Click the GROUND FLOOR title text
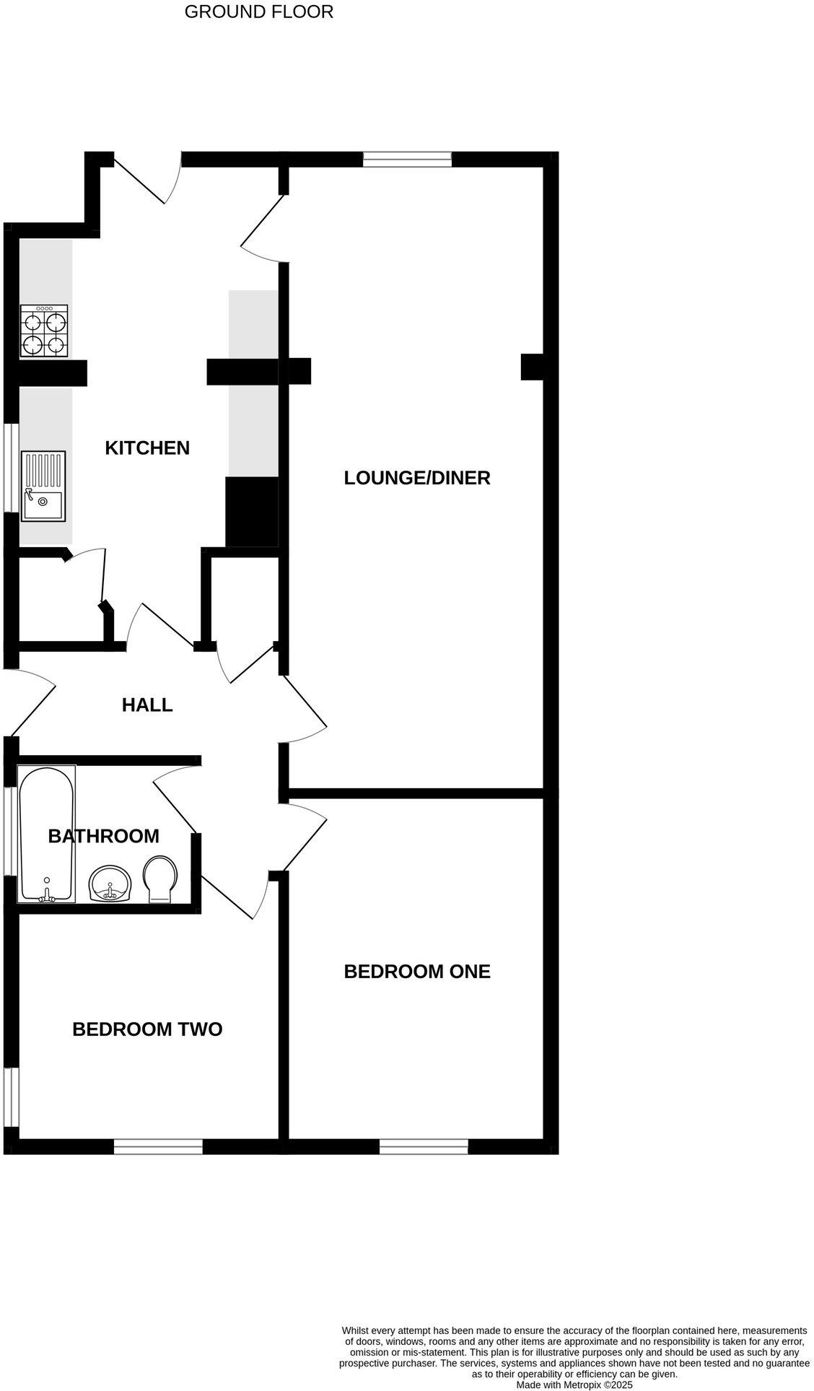coord(259,12)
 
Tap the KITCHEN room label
coord(147,448)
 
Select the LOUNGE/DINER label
coord(417,477)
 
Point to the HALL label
coord(147,705)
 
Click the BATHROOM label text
coord(103,836)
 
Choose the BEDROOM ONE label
coord(417,972)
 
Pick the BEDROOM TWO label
coord(147,1029)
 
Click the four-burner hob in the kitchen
coord(44,331)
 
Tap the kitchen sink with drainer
coord(43,486)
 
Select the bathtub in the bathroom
coord(46,834)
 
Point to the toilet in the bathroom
coord(161,878)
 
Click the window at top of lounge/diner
coord(407,160)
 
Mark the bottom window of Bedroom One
coord(424,1146)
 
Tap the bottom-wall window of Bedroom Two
coord(158,1146)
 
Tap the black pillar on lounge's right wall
coord(533,366)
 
